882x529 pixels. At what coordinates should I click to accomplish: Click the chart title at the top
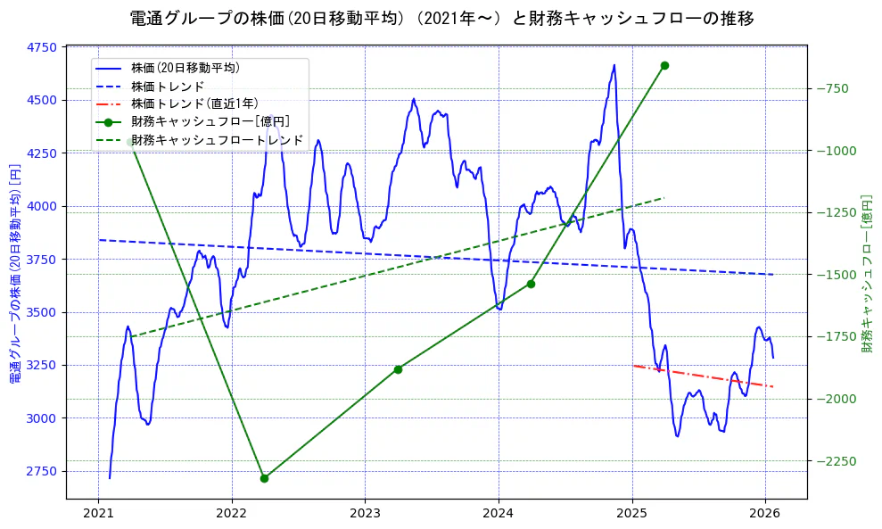[441, 19]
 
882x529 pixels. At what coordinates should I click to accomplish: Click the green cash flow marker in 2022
[264, 478]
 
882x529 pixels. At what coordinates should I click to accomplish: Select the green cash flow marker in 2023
[398, 369]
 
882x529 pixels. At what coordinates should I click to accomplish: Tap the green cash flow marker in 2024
[531, 284]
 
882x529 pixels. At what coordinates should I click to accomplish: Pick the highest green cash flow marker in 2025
[664, 65]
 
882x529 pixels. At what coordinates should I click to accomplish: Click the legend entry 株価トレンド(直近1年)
[194, 103]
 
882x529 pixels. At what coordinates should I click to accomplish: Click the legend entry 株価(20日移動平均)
[185, 67]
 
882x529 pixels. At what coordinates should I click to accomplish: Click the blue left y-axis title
[15, 273]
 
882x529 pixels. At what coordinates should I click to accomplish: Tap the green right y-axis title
[867, 273]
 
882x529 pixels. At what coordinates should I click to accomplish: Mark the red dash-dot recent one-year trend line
[703, 376]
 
